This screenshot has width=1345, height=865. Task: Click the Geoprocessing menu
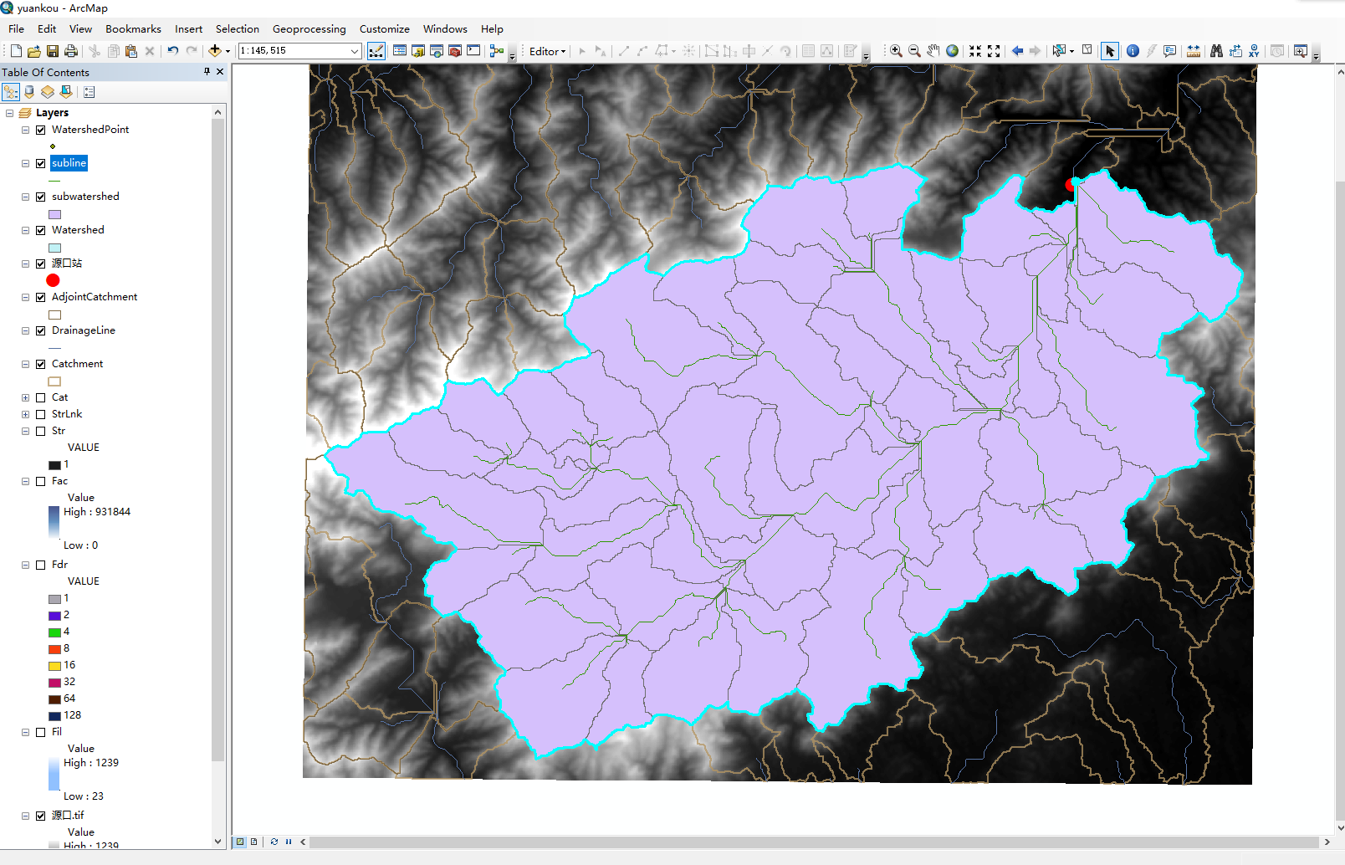point(309,28)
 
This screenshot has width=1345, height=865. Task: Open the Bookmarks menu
point(133,28)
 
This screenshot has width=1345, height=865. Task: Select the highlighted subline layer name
point(69,163)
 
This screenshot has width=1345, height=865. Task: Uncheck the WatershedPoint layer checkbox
point(40,130)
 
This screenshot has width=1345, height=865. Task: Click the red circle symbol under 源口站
point(53,280)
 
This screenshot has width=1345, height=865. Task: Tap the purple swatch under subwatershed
point(54,214)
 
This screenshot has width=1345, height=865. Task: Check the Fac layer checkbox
point(40,481)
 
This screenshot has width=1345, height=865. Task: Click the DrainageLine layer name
point(83,330)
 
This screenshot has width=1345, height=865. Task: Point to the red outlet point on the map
point(1071,184)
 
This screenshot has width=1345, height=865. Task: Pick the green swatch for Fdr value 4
point(54,632)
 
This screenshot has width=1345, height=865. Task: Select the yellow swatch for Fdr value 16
point(54,666)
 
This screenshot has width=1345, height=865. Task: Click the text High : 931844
point(96,512)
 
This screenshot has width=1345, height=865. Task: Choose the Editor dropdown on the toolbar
point(547,51)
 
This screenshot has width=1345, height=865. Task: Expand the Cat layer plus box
point(25,397)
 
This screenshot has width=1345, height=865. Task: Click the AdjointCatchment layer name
point(94,297)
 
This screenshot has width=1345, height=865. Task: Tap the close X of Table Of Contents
point(220,72)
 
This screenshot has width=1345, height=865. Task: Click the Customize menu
point(384,28)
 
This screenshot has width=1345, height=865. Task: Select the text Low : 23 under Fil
point(83,796)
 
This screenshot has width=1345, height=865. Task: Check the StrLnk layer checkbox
point(40,414)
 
